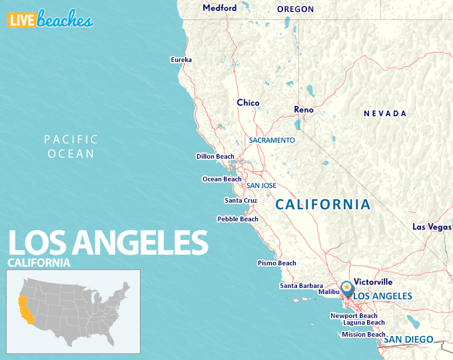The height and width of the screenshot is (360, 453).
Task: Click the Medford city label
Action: click(219, 8)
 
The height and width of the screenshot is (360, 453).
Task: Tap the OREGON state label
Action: click(295, 9)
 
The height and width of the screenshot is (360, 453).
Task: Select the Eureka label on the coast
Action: click(181, 60)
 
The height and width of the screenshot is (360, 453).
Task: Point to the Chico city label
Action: click(248, 103)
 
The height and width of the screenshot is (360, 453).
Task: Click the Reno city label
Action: click(304, 109)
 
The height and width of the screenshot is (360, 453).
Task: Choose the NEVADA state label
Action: click(384, 114)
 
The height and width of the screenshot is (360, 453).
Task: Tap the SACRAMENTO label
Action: click(272, 141)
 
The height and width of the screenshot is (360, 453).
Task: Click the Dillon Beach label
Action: click(215, 157)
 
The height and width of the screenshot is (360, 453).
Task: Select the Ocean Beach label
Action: click(222, 179)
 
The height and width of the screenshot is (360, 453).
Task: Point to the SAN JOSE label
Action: click(261, 186)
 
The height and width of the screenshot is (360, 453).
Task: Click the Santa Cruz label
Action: click(240, 201)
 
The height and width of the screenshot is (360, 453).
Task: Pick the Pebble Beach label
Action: click(238, 219)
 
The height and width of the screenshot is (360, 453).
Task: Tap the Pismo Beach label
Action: click(277, 263)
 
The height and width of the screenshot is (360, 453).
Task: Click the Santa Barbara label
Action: click(301, 286)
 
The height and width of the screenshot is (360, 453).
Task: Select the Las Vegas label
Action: click(432, 227)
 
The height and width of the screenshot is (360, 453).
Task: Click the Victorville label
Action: click(374, 282)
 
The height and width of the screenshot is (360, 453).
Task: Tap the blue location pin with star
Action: click(346, 287)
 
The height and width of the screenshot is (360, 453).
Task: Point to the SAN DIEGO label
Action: click(408, 339)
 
